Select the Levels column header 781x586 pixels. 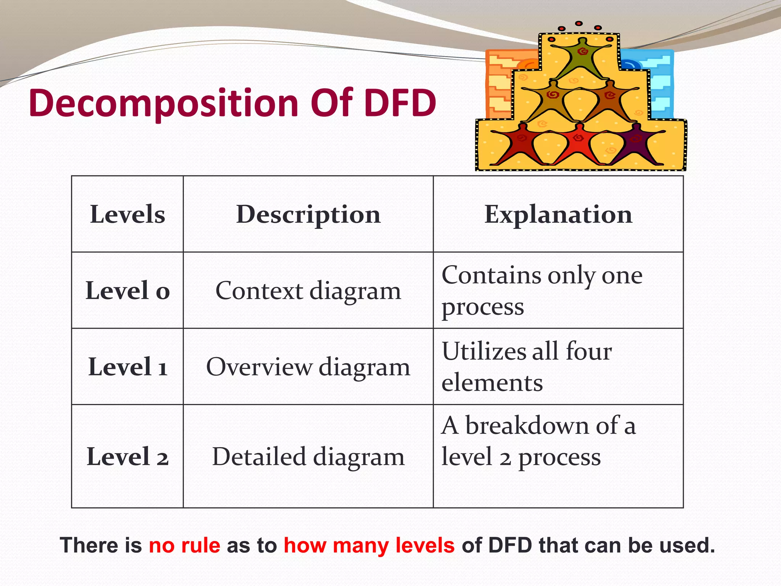click(x=127, y=214)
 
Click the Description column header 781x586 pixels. click(x=308, y=214)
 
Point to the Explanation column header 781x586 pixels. click(x=558, y=214)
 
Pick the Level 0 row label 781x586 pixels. click(x=127, y=291)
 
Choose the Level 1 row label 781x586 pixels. click(x=127, y=367)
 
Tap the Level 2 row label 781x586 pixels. click(x=127, y=457)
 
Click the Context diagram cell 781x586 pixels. click(x=308, y=291)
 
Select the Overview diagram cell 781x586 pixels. click(x=308, y=367)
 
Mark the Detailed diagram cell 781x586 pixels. click(x=308, y=457)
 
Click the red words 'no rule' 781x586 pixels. click(x=184, y=545)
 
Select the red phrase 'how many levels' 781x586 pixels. click(x=369, y=545)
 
